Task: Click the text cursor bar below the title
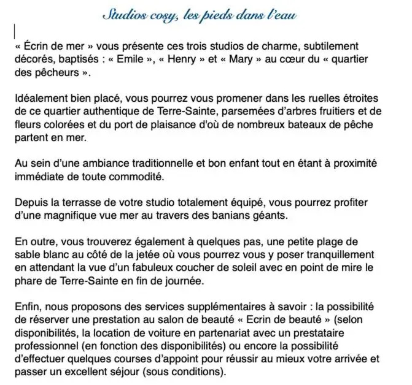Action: click(14, 31)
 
